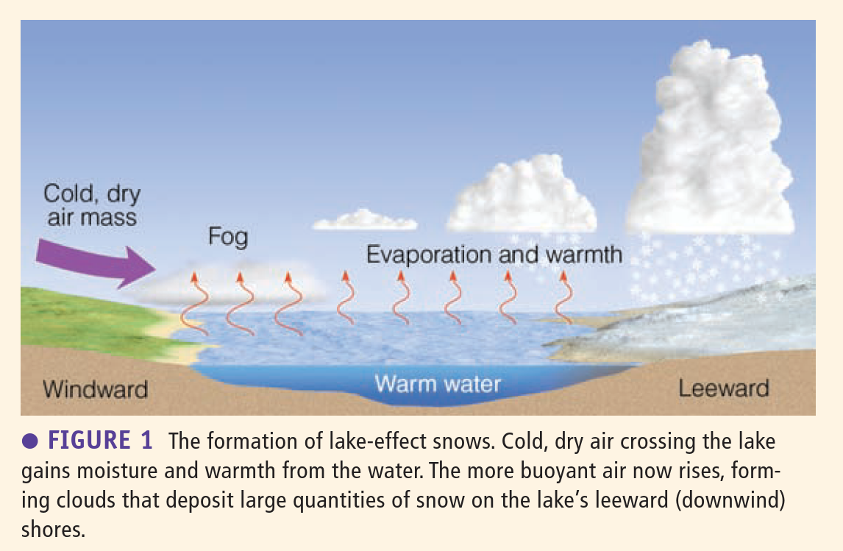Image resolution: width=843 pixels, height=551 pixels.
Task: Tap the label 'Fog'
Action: pyautogui.click(x=228, y=237)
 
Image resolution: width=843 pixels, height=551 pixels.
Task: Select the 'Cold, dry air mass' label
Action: pyautogui.click(x=92, y=205)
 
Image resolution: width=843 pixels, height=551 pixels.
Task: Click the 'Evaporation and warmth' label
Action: pyautogui.click(x=494, y=255)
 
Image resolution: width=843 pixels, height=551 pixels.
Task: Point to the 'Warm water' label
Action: pyautogui.click(x=438, y=384)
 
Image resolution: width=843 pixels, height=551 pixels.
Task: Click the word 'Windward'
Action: pyautogui.click(x=95, y=389)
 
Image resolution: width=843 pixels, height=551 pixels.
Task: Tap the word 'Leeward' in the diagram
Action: pyautogui.click(x=724, y=388)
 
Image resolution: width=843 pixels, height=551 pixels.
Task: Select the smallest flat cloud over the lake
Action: pyautogui.click(x=365, y=220)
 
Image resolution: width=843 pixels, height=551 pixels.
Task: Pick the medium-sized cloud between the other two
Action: pyautogui.click(x=522, y=196)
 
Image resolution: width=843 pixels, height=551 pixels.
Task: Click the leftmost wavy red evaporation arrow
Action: pyautogui.click(x=193, y=305)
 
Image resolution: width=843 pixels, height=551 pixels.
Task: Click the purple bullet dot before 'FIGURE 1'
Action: pyautogui.click(x=30, y=441)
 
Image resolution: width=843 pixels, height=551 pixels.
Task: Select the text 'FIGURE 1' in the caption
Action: pyautogui.click(x=101, y=440)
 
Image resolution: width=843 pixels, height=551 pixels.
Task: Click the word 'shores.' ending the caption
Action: pyautogui.click(x=53, y=530)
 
